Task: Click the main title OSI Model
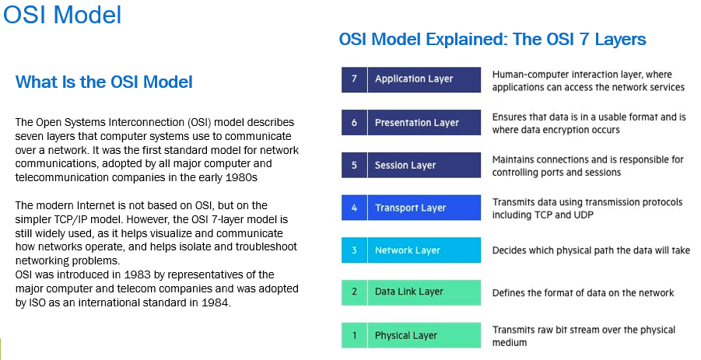pos(62,15)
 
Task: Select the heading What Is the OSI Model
pos(103,82)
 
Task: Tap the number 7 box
pos(354,79)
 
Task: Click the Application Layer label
pos(414,79)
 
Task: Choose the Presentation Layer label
pos(417,122)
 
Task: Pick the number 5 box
pos(354,165)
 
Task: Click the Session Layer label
pos(405,166)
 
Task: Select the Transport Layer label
pos(410,208)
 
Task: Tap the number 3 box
pos(354,250)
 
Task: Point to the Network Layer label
pos(407,250)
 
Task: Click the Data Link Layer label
pos(409,292)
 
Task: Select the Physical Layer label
pos(406,335)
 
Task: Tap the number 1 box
pos(354,335)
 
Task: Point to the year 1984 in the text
pos(216,302)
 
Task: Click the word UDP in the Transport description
pos(583,215)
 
